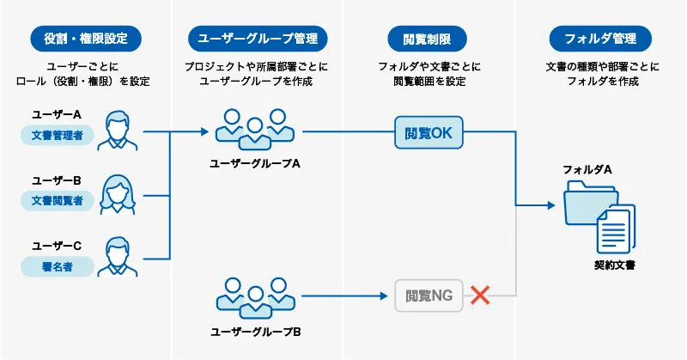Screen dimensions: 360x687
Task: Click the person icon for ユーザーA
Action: pyautogui.click(x=117, y=129)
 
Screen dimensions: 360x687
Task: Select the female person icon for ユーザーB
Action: pyautogui.click(x=117, y=194)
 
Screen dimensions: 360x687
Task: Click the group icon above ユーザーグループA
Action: pyautogui.click(x=254, y=126)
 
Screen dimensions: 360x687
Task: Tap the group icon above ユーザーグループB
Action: pyautogui.click(x=254, y=296)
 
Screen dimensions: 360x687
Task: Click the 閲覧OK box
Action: pyautogui.click(x=429, y=133)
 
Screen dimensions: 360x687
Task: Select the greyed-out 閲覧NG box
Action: pyautogui.click(x=429, y=296)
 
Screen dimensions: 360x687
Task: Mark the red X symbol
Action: pyautogui.click(x=481, y=296)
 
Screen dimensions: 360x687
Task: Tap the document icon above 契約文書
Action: pyautogui.click(x=615, y=228)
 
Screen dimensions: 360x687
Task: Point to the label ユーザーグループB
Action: pyautogui.click(x=255, y=331)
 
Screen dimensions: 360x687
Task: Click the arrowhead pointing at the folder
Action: pyautogui.click(x=550, y=206)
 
